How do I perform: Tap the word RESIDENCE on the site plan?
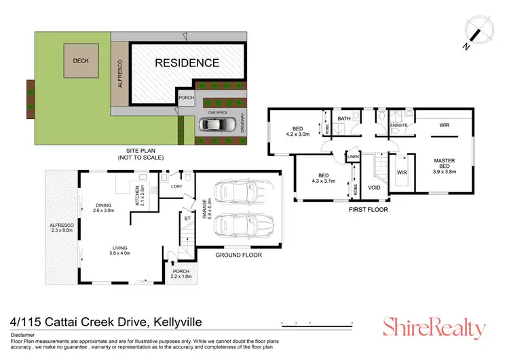point(187,63)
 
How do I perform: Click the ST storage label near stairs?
point(187,218)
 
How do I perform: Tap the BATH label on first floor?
point(344,119)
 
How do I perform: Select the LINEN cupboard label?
point(353,158)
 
